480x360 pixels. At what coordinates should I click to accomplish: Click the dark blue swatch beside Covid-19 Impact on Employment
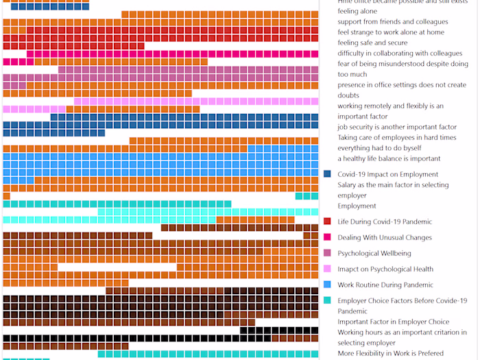tap(328, 174)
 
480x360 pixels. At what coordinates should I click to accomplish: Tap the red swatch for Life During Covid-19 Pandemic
tap(328, 221)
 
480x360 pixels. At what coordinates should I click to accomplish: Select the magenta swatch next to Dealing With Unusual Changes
tap(328, 237)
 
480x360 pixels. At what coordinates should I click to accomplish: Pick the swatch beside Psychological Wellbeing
tap(328, 253)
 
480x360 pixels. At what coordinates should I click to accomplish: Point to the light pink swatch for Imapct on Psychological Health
tap(328, 269)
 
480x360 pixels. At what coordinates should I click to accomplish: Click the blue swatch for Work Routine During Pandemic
tap(328, 285)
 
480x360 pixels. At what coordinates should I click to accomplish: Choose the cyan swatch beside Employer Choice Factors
tap(328, 300)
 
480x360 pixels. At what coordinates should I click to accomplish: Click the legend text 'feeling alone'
tap(357, 11)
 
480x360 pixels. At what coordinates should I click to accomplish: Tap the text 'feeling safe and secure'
tap(372, 43)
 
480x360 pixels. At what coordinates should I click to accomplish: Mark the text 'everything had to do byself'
tap(379, 147)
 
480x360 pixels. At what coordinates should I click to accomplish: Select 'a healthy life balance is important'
tap(389, 158)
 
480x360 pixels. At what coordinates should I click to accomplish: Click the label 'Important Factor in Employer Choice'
tap(393, 322)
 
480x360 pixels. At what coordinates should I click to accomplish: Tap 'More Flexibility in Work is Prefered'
tap(390, 353)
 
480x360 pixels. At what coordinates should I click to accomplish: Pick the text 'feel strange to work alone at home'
tap(390, 32)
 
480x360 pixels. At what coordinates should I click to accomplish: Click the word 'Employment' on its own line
tap(357, 206)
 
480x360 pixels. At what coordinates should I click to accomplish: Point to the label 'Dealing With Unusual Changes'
tap(385, 237)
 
